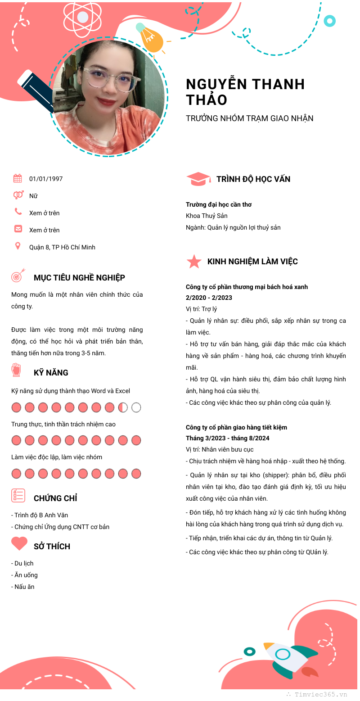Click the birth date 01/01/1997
46,179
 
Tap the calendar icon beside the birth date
18,178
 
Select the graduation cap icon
198,179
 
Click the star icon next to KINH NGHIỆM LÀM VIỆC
194,262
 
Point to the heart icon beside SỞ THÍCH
19,544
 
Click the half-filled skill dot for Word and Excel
123,407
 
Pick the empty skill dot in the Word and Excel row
136,407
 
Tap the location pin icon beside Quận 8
18,246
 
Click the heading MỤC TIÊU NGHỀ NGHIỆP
79,278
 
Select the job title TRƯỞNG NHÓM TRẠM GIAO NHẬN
250,118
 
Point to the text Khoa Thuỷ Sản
207,216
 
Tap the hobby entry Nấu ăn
24,587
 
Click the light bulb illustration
150,38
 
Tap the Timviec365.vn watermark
320,694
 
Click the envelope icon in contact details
18,229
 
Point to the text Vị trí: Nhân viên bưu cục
220,449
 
